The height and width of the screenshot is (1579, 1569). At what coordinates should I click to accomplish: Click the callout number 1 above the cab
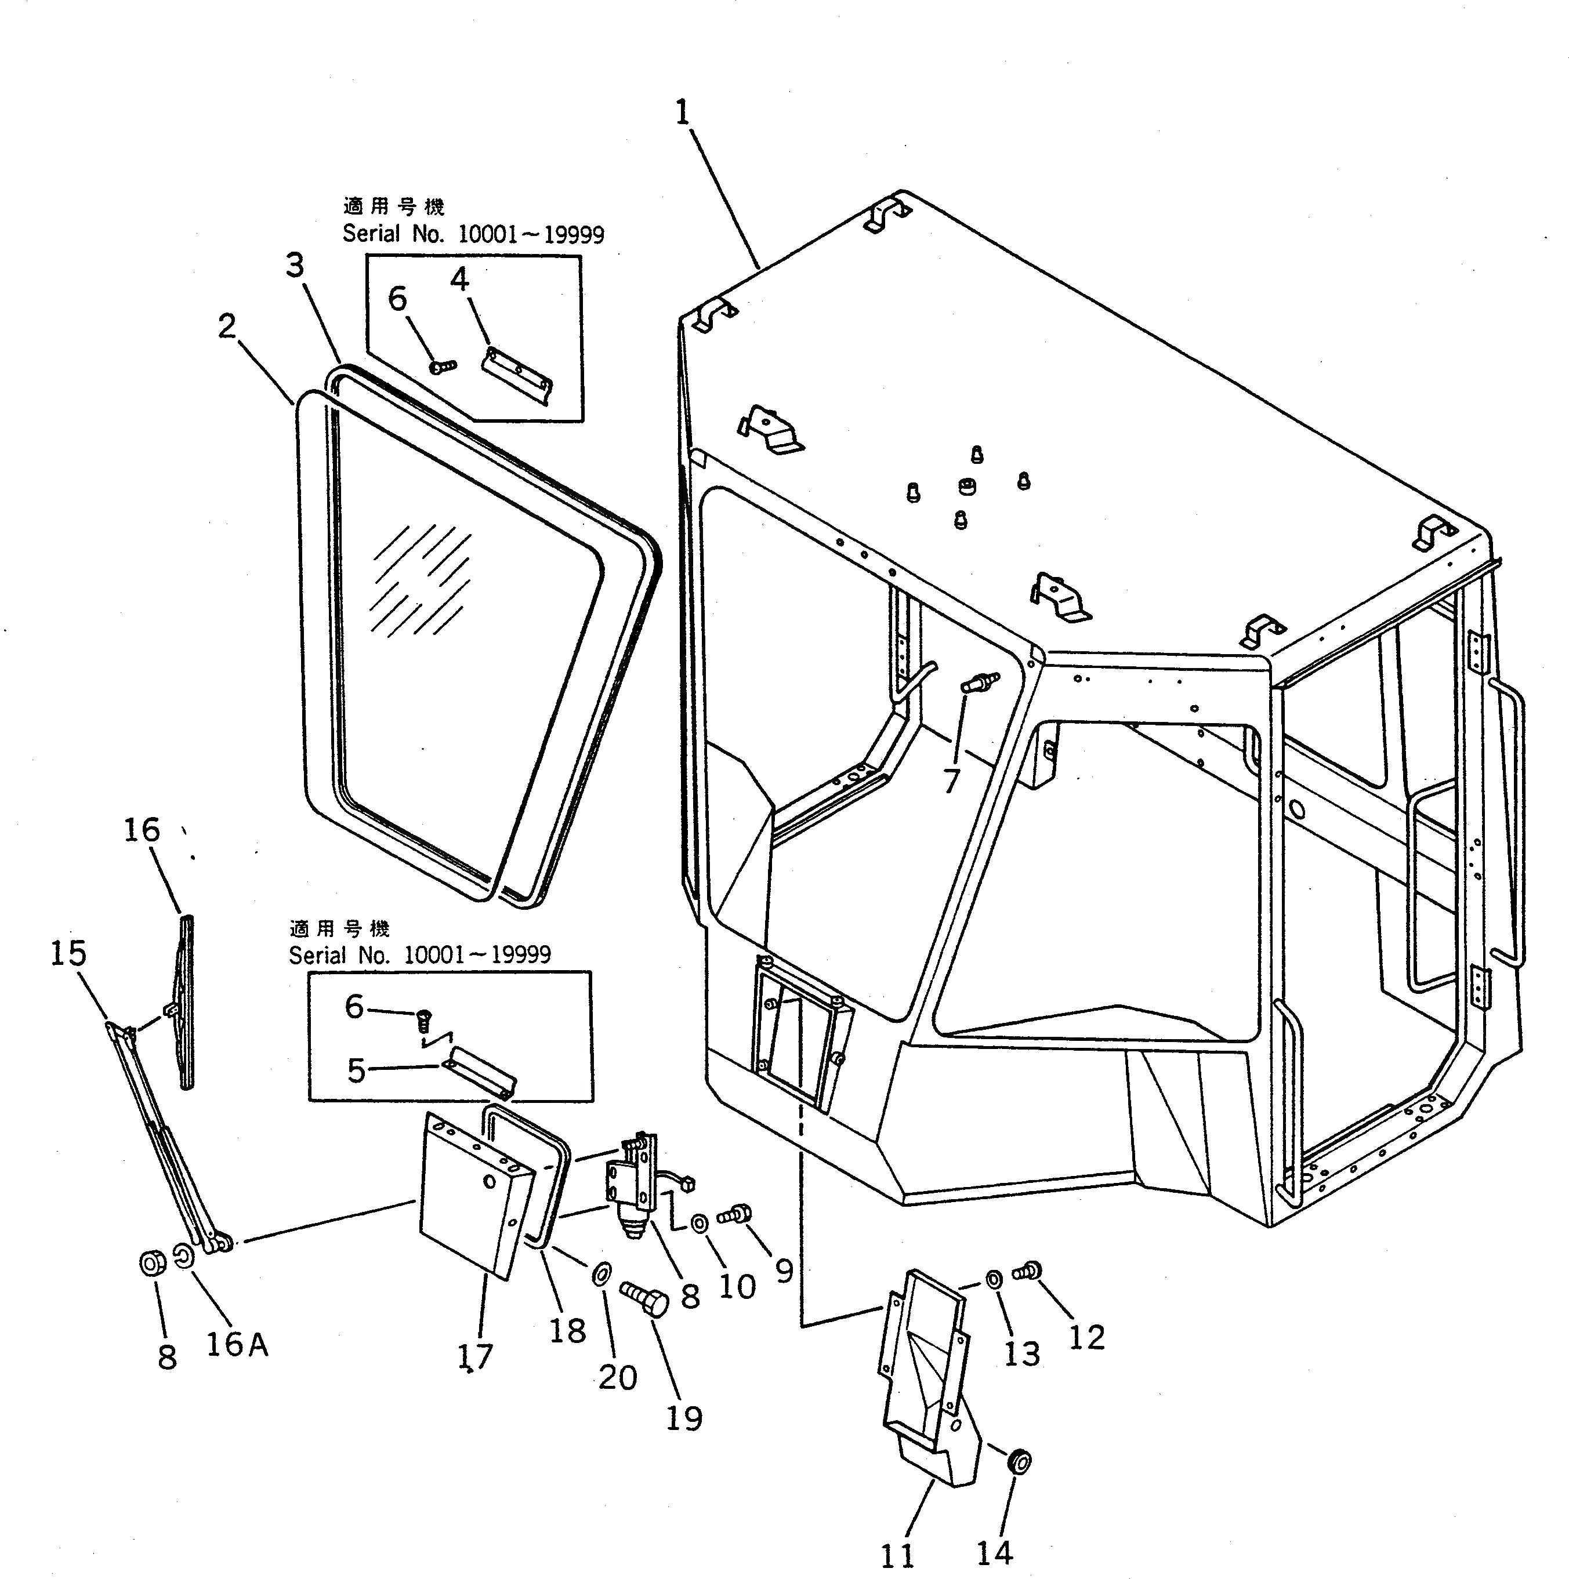(x=683, y=112)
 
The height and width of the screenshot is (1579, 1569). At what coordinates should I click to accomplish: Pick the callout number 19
(x=683, y=1419)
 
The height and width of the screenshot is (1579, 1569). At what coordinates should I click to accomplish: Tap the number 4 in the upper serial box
(x=459, y=280)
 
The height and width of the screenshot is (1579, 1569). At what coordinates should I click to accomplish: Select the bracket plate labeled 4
(x=517, y=375)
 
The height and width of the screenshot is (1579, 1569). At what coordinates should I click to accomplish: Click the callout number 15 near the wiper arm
(x=68, y=953)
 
